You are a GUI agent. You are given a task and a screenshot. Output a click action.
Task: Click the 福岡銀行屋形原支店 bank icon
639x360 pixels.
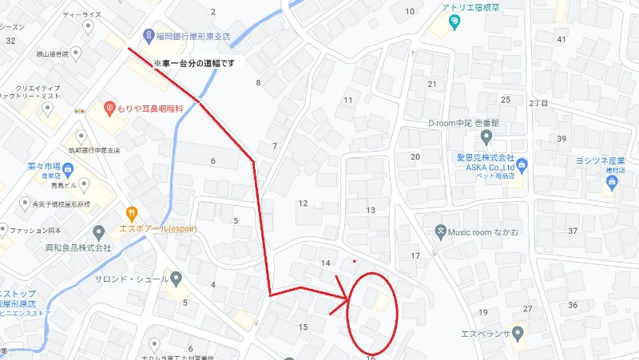[x=149, y=35]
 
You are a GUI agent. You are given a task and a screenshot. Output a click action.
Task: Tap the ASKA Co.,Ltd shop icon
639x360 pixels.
[x=522, y=165]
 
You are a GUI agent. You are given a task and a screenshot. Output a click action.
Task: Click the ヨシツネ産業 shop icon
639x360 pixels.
[x=613, y=182]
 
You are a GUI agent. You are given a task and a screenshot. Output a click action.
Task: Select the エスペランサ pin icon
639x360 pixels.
[x=519, y=332]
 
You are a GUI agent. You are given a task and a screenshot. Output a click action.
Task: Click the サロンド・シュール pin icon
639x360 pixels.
[x=177, y=279]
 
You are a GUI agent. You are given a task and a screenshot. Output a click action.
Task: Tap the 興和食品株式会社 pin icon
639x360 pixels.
[x=99, y=233]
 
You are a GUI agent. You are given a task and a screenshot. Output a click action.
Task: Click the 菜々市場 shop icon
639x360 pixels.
[x=68, y=168]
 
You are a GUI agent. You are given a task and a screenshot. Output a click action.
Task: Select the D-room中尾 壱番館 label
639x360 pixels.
[x=462, y=124]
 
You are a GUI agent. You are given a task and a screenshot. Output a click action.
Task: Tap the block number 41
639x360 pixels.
[x=562, y=39]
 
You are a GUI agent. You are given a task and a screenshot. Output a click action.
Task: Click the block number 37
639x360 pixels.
[x=572, y=231]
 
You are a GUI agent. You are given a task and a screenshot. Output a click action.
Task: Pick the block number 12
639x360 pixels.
[x=303, y=203]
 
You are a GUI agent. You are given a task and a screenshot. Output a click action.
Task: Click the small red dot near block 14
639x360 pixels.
[x=354, y=260]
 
